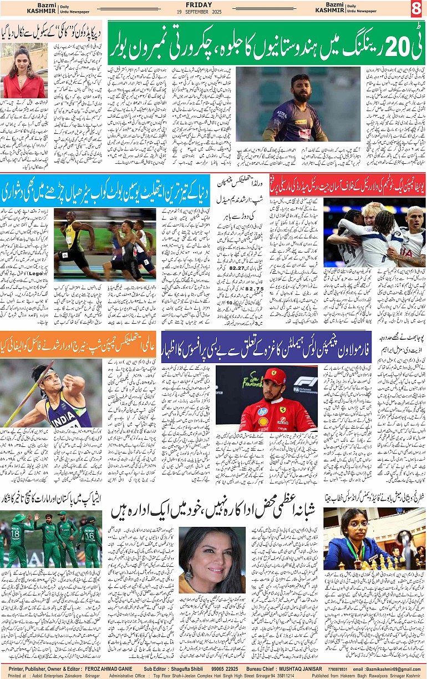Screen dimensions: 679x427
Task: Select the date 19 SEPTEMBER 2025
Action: (214, 11)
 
